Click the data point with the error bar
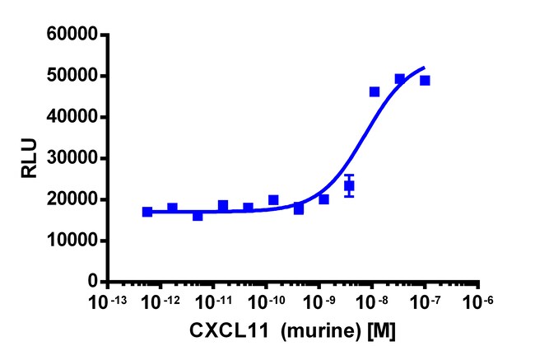[x=349, y=185]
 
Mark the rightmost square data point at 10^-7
[x=425, y=81]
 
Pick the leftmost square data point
[x=147, y=212]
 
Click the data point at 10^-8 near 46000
[x=374, y=91]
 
